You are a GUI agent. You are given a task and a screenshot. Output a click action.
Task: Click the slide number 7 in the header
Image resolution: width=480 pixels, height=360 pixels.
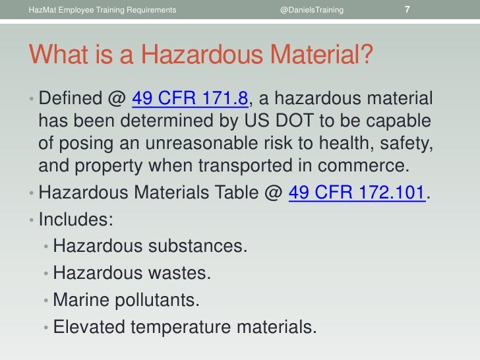(407, 10)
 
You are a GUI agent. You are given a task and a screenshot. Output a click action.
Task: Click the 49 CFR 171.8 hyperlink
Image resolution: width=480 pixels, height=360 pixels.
(190, 99)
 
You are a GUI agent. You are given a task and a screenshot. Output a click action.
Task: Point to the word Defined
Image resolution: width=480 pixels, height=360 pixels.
(68, 99)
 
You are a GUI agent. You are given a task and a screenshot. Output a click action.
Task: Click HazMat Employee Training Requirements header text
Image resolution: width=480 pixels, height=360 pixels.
(103, 11)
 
